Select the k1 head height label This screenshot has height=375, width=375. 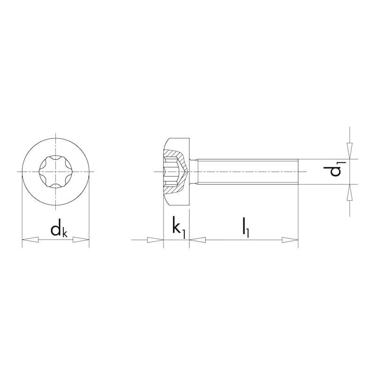pos(179,228)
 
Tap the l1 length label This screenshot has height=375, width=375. pos(246,228)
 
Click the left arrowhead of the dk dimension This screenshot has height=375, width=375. pos(30,240)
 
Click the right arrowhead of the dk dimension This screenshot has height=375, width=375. pos(82,240)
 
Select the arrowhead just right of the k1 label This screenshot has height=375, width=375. pos(197,240)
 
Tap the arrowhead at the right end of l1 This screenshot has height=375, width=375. pos(291,240)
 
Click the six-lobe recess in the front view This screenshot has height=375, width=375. pos(55,172)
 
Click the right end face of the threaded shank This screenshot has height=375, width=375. pos(298,172)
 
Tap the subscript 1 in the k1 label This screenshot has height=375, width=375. pos(184,231)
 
